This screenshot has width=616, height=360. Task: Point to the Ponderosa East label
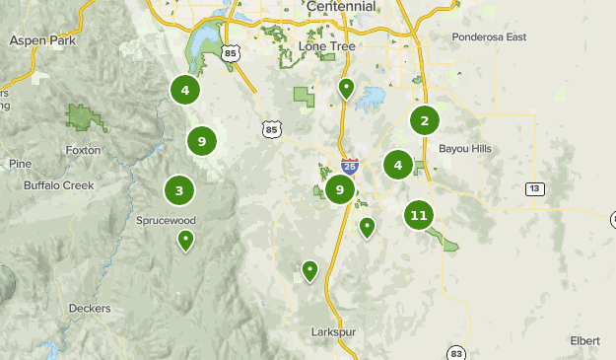(491, 37)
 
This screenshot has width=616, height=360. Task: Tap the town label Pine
(19, 164)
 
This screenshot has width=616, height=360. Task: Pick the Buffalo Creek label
(54, 183)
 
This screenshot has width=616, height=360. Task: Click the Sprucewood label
(166, 222)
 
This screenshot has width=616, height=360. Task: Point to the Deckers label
(90, 308)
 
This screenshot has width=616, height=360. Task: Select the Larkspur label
(331, 331)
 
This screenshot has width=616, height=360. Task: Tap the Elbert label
(584, 340)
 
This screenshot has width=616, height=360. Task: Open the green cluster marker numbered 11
(419, 214)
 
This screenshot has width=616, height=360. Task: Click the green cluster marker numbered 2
(425, 121)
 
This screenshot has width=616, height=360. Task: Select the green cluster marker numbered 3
(179, 190)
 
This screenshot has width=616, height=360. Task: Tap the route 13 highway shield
(534, 188)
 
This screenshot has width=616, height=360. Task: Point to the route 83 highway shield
(455, 352)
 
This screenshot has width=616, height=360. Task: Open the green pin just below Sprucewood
(185, 239)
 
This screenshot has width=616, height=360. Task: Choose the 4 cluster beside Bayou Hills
(398, 165)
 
